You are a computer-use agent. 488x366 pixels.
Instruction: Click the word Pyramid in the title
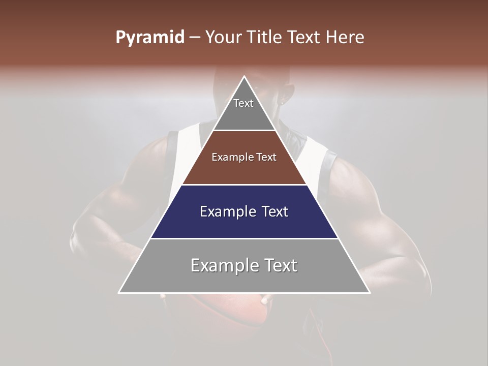[149, 38]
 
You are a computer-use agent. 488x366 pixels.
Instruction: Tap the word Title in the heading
[264, 37]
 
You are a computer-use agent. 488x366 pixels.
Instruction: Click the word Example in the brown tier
[231, 157]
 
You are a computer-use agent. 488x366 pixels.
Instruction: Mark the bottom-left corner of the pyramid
[119, 292]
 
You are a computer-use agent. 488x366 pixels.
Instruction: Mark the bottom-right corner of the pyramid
[369, 292]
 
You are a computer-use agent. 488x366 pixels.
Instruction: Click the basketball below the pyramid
[239, 310]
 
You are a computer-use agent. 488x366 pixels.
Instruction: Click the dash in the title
[195, 38]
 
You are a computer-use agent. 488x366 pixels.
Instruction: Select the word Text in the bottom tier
[281, 265]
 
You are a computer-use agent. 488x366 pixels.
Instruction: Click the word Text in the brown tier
[266, 157]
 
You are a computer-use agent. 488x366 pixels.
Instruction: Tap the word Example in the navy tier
[226, 211]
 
